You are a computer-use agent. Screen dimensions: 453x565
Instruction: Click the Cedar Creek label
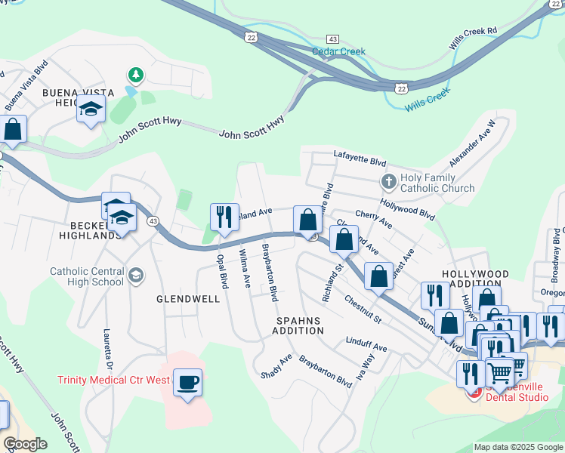tap(338, 52)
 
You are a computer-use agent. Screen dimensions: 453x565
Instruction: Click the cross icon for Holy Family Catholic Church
tap(388, 182)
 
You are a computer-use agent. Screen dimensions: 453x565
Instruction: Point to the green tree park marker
tap(135, 75)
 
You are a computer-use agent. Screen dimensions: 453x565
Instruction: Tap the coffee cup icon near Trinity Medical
tap(187, 381)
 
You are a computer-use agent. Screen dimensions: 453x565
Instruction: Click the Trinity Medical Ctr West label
tap(113, 380)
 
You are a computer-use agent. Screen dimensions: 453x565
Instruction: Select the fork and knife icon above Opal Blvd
tap(224, 217)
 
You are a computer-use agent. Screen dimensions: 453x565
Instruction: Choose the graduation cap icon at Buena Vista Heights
tap(91, 109)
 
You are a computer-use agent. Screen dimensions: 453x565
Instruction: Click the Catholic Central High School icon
tap(135, 273)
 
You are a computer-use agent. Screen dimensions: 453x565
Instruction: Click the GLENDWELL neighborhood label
tap(188, 299)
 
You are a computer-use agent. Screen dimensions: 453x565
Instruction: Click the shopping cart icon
tap(499, 371)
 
